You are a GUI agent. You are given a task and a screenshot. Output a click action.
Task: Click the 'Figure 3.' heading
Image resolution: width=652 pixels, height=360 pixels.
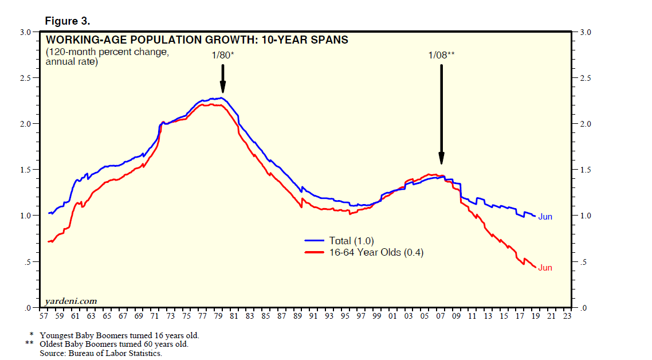tap(67, 21)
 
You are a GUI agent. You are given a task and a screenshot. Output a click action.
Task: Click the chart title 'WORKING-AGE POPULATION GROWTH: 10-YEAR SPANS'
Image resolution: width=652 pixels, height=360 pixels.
tap(197, 40)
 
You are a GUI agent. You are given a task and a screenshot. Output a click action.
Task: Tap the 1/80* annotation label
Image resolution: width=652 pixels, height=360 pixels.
tap(223, 55)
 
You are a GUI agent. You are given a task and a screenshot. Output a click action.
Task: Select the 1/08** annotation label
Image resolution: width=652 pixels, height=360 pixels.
tap(441, 55)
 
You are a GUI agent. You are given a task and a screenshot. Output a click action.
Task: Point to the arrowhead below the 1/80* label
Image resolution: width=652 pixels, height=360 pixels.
tap(223, 88)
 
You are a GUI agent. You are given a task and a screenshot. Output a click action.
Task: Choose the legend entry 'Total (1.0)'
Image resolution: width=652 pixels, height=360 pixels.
tap(351, 241)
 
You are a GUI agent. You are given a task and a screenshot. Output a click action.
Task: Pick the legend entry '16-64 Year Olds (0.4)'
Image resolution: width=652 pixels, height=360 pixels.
tap(376, 252)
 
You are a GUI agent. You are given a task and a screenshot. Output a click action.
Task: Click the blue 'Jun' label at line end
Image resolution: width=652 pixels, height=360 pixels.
tap(545, 217)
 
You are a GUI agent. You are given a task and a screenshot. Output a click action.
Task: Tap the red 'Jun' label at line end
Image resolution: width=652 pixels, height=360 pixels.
tap(545, 268)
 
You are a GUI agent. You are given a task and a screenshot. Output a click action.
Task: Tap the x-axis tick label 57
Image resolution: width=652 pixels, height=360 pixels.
tap(44, 316)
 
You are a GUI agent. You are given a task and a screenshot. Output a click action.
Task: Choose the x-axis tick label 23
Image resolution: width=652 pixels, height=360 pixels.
tap(567, 316)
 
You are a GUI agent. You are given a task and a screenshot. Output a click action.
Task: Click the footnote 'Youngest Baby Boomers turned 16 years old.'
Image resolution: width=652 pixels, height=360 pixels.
tap(119, 335)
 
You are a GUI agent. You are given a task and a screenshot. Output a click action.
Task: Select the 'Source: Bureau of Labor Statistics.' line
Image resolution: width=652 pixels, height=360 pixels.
tap(101, 353)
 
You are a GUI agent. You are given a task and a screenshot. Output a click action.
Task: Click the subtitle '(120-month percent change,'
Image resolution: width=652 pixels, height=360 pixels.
tap(107, 52)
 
